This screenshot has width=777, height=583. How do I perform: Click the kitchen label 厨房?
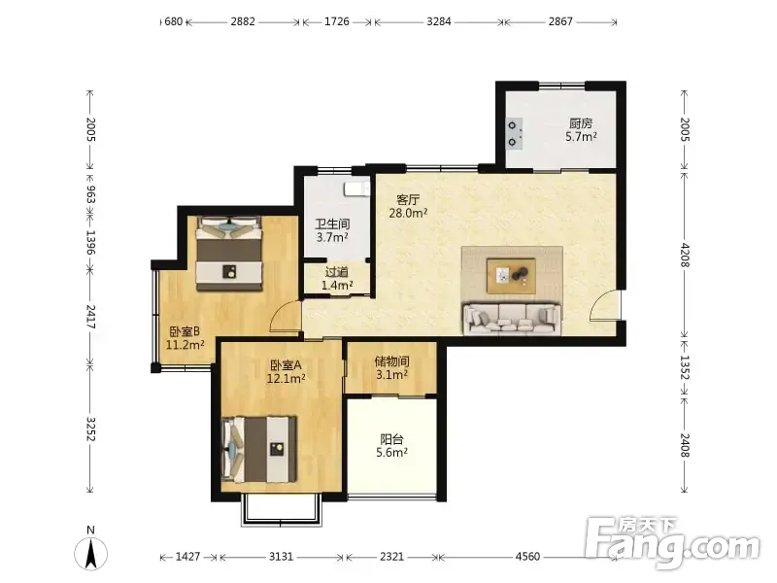(x=581, y=123)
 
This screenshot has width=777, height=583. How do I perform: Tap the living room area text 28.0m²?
(x=408, y=213)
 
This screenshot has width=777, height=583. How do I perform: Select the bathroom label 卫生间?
(x=332, y=224)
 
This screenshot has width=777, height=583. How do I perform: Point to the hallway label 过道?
(x=337, y=272)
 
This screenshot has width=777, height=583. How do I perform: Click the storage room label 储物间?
(x=391, y=361)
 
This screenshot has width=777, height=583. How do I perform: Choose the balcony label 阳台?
(x=391, y=439)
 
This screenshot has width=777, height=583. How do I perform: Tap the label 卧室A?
(x=286, y=366)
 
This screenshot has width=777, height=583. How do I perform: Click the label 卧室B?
(x=185, y=331)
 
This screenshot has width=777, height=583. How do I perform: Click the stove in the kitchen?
(x=513, y=134)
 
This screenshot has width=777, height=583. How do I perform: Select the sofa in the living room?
(x=512, y=318)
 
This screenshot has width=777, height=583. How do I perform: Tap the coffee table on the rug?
(x=511, y=276)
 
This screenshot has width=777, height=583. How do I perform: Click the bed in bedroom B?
(x=228, y=254)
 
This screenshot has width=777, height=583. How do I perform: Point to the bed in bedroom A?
(x=259, y=449)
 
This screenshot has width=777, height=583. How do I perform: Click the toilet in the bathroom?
(x=357, y=189)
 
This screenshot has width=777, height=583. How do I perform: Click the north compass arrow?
(x=91, y=554)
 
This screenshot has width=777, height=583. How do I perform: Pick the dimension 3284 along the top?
(x=439, y=21)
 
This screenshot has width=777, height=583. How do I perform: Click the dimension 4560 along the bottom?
(x=527, y=557)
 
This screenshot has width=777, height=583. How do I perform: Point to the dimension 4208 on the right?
(x=685, y=255)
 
